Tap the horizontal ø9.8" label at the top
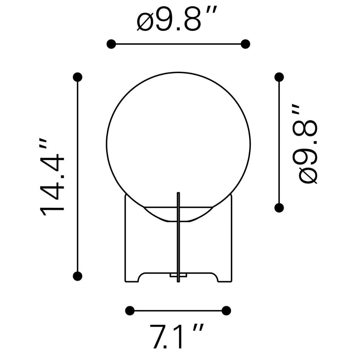point(176,19)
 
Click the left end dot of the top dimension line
point(111,44)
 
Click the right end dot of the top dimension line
point(246,44)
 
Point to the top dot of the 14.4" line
point(78,77)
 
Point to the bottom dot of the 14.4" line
point(78,276)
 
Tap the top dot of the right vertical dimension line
point(279,77)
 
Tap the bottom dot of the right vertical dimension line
point(279,208)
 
